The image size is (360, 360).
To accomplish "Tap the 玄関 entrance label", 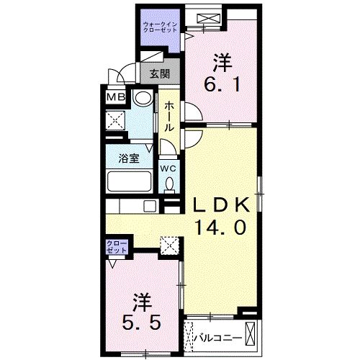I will tap(160, 73).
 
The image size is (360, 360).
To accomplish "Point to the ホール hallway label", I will tap(168, 116).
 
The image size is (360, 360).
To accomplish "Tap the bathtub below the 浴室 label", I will tap(128, 182).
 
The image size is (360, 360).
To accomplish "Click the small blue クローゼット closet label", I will tap(117, 249).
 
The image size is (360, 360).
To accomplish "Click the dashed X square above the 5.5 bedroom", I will tap(169, 247).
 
